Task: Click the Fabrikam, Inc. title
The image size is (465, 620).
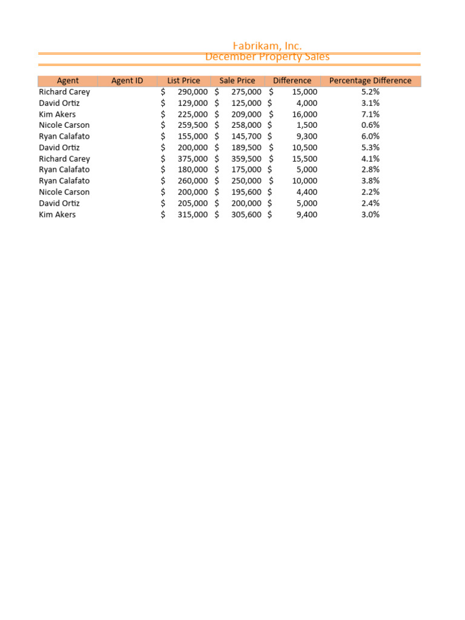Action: pyautogui.click(x=267, y=46)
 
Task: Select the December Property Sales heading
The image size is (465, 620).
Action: pyautogui.click(x=267, y=57)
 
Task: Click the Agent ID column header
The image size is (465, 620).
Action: pyautogui.click(x=127, y=81)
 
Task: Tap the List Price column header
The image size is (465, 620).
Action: pyautogui.click(x=183, y=81)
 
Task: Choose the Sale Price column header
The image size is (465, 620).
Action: pyautogui.click(x=237, y=81)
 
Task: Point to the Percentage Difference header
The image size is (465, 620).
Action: pyautogui.click(x=370, y=81)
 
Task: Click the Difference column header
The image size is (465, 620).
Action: pyautogui.click(x=292, y=81)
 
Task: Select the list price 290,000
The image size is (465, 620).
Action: pyautogui.click(x=193, y=92)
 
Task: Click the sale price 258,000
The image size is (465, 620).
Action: pyautogui.click(x=246, y=125)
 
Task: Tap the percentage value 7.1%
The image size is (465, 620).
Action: pyautogui.click(x=370, y=114)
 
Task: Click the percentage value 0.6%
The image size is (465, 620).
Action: pyautogui.click(x=370, y=125)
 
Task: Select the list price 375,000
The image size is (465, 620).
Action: pyautogui.click(x=193, y=159)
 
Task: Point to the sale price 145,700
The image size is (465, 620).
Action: pyautogui.click(x=246, y=136)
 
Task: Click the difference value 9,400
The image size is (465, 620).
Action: pyautogui.click(x=306, y=214)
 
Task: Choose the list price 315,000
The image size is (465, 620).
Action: pyautogui.click(x=193, y=214)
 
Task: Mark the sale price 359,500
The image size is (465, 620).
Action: pyautogui.click(x=246, y=159)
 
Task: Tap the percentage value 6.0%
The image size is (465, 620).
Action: pyautogui.click(x=370, y=136)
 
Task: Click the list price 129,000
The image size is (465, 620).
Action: pyautogui.click(x=193, y=103)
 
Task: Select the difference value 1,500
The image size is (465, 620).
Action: pyautogui.click(x=306, y=125)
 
